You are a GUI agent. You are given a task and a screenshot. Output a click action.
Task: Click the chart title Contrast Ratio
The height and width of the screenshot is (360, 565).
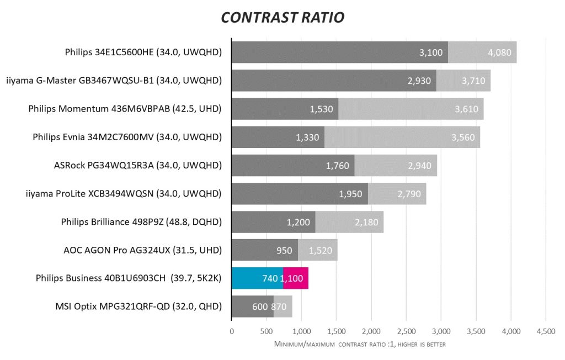click(x=282, y=17)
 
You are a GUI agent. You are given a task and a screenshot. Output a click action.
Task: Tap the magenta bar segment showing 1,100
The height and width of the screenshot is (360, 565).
click(x=295, y=278)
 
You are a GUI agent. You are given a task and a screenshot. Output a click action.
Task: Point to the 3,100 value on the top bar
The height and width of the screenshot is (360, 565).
click(x=431, y=53)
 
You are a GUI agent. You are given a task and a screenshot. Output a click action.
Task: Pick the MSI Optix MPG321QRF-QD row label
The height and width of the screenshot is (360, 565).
click(x=138, y=306)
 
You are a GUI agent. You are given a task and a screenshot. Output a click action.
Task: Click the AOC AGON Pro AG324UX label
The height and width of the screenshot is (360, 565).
click(x=142, y=250)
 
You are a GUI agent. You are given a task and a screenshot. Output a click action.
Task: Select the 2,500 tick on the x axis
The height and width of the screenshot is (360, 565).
click(x=406, y=332)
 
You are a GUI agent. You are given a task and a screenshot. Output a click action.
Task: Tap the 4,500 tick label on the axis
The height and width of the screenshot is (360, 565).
click(x=546, y=332)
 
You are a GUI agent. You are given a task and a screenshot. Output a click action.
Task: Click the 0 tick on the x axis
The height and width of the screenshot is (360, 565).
click(x=232, y=332)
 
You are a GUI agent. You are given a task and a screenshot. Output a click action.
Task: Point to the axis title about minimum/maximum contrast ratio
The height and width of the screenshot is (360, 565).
click(x=359, y=344)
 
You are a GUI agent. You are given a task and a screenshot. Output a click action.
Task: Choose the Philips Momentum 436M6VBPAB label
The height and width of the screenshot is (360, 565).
click(x=125, y=109)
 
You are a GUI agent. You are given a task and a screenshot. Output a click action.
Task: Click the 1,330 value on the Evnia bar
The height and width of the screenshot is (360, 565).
click(x=307, y=137)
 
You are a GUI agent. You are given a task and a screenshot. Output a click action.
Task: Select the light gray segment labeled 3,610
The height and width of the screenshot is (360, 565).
click(x=411, y=109)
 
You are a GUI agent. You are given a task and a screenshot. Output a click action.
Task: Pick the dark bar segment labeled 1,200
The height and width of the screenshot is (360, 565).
click(x=273, y=222)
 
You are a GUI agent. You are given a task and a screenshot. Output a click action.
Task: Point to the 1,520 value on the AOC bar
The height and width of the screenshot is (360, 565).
click(x=319, y=250)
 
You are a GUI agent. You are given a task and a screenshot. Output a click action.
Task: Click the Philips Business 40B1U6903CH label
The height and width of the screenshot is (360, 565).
click(x=128, y=278)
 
